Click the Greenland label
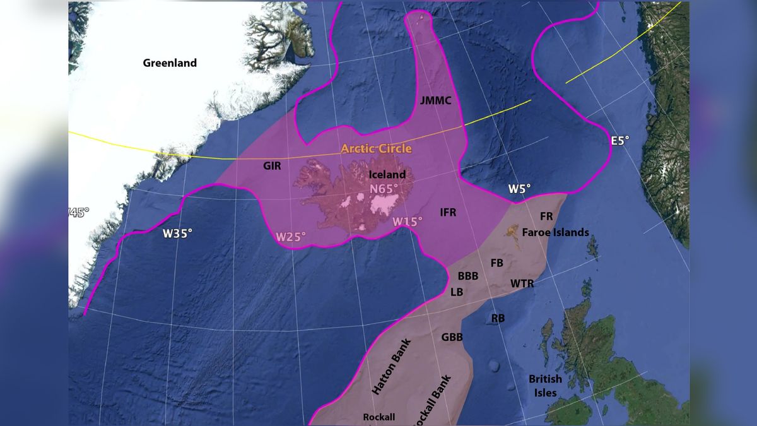pos(170,63)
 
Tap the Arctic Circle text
pos(376,149)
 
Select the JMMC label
pos(435,100)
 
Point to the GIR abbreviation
pos(272,166)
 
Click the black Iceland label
pos(387,175)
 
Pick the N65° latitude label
pos(385,189)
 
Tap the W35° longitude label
pos(177,233)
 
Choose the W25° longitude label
pos(291,237)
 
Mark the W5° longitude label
pos(520,188)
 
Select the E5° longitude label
pos(619,141)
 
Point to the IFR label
pos(448,213)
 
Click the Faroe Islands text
pos(556,232)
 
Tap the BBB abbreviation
pos(468,276)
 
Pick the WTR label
pos(522,283)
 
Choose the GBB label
pos(452,337)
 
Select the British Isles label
pos(545,386)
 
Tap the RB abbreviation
pos(498,318)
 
